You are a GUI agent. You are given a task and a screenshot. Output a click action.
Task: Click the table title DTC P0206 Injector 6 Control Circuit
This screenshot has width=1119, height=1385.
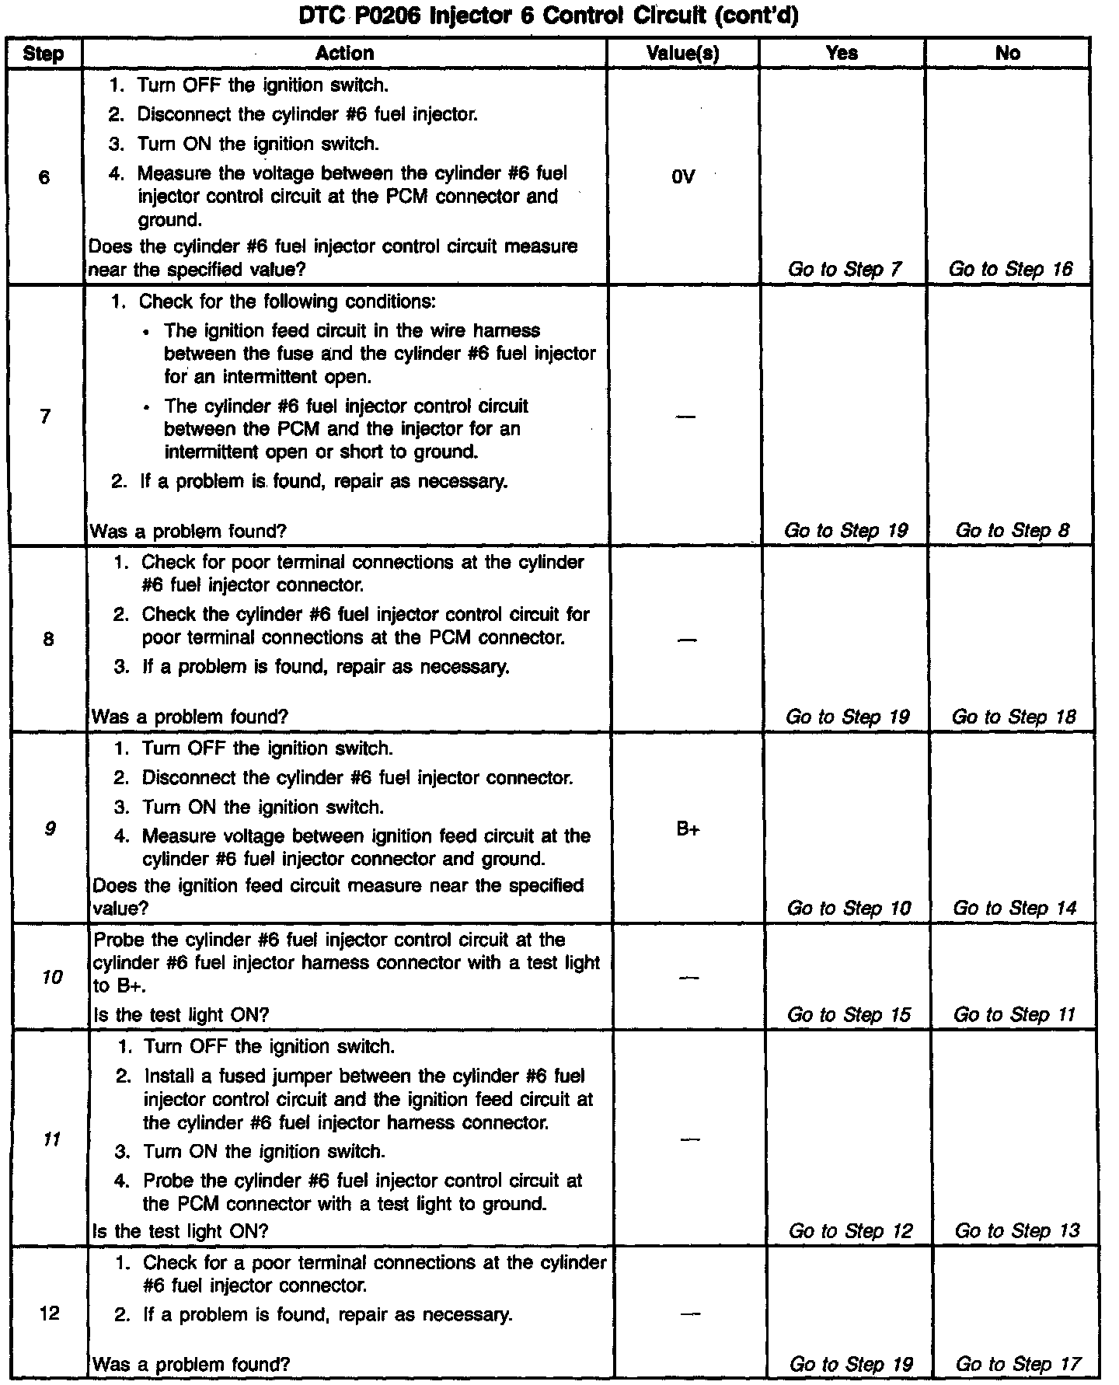[x=549, y=16]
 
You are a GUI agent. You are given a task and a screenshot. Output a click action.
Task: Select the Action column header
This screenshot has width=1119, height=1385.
[x=345, y=53]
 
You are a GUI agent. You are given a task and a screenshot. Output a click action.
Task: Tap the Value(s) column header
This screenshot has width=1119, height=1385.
[x=683, y=53]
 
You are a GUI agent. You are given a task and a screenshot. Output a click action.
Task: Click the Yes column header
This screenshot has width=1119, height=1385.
[x=842, y=53]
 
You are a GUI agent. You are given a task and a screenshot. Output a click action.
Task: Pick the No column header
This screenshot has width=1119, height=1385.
[x=1008, y=53]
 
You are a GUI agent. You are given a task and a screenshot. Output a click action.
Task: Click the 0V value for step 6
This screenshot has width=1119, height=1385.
[x=682, y=177]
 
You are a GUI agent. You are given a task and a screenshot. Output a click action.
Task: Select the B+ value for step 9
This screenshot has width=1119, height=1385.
[x=688, y=829]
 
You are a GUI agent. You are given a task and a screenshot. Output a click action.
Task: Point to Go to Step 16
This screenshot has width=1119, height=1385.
[x=1010, y=270]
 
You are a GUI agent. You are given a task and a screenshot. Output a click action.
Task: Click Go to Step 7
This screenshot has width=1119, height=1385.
[x=845, y=270]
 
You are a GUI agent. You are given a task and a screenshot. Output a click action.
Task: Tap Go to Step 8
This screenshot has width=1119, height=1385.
[x=1012, y=531]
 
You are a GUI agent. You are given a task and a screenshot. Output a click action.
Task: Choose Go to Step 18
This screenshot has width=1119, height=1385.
[x=1013, y=717]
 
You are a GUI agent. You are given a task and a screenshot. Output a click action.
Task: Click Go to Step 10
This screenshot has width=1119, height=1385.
[x=849, y=908]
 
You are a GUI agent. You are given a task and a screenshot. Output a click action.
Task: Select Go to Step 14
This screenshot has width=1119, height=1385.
[x=1014, y=908]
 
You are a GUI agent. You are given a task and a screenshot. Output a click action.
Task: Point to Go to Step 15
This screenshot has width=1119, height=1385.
[x=849, y=1015]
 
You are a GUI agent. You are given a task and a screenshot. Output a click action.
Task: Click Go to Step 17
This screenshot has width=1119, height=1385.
[x=1018, y=1364]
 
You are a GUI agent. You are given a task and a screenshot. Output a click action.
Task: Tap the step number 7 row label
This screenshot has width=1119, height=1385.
[x=46, y=417]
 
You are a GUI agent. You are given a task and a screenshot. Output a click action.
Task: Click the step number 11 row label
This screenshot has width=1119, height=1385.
[x=51, y=1139]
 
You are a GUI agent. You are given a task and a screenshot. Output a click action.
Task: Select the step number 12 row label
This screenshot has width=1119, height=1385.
[x=50, y=1313]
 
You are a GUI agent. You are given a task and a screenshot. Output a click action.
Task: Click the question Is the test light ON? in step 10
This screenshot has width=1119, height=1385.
[x=181, y=1015]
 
